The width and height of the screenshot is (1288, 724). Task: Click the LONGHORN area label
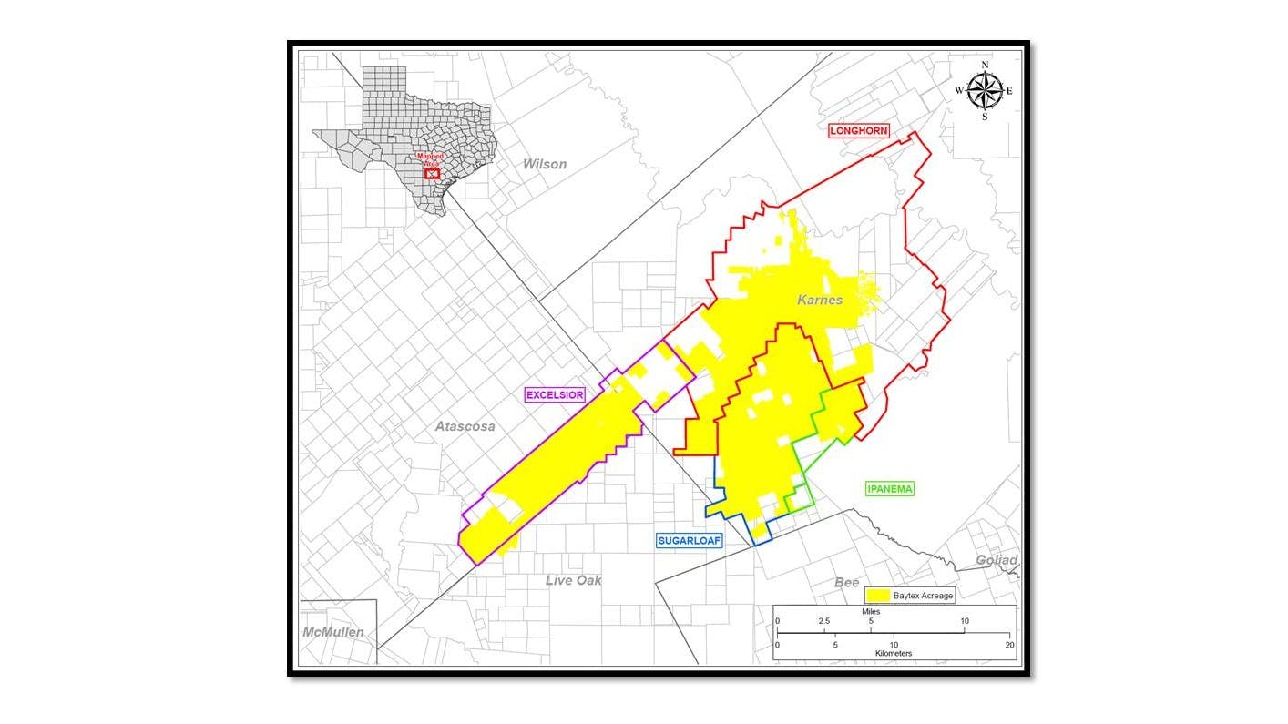point(858,131)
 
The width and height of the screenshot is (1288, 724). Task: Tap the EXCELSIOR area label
point(554,394)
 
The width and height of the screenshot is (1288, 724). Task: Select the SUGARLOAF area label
point(689,540)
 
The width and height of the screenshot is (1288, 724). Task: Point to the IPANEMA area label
point(889,489)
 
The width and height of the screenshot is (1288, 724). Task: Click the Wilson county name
point(544,164)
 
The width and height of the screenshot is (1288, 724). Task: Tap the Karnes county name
point(820,300)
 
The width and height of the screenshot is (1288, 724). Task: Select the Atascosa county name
point(465,426)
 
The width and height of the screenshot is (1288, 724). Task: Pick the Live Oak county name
point(573,580)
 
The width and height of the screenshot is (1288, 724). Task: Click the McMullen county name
point(333,632)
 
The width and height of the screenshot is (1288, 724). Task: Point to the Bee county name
point(847,582)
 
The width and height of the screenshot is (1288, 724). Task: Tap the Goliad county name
point(997,560)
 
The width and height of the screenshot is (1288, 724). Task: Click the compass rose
point(984,90)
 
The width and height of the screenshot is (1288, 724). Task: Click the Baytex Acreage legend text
point(923,596)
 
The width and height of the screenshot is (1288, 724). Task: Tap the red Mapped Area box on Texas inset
point(433,172)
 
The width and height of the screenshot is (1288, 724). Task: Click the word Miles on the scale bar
point(872,611)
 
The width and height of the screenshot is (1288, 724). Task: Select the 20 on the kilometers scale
point(1007,644)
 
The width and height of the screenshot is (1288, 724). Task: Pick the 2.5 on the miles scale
point(823,621)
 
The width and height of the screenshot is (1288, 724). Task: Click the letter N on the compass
point(984,65)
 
